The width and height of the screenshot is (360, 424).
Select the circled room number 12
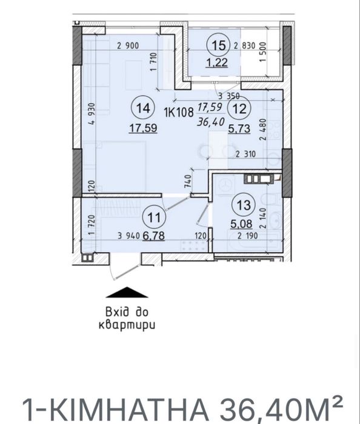240,109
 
